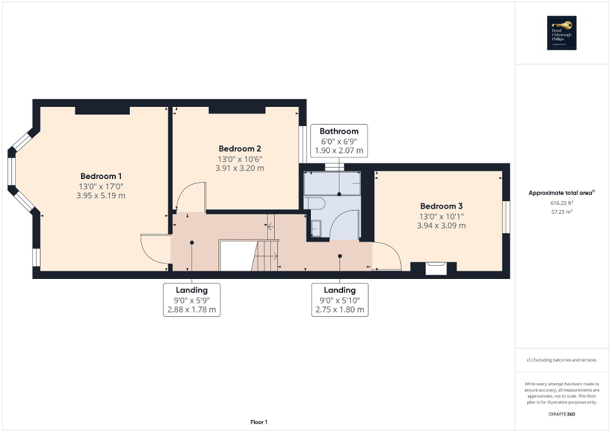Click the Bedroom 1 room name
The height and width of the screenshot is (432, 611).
tap(101, 176)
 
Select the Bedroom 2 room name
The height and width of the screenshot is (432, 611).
tap(239, 149)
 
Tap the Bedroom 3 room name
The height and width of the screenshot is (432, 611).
tap(441, 206)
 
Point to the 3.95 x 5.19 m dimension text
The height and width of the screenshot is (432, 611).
tap(101, 195)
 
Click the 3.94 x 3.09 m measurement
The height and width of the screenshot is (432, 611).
tap(441, 225)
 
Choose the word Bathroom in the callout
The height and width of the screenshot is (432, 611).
tap(339, 132)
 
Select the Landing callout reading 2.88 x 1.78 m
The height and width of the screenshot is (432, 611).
tap(191, 300)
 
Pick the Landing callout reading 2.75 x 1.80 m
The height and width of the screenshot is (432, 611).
tap(339, 300)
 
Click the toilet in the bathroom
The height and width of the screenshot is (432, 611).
tap(314, 203)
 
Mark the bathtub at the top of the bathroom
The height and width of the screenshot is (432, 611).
tap(331, 183)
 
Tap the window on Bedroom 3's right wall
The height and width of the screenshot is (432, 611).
tap(506, 216)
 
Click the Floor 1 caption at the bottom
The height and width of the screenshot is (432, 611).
tap(258, 422)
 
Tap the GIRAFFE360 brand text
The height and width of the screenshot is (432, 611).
tap(562, 413)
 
